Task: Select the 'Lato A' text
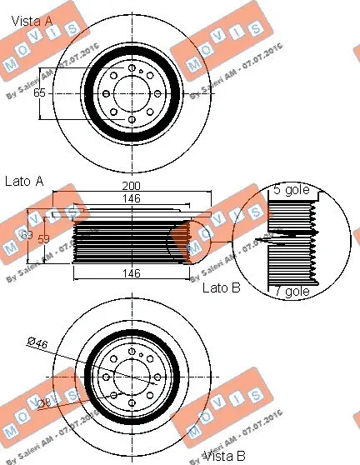click(24, 180)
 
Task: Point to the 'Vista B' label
click(225, 456)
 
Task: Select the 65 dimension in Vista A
click(39, 92)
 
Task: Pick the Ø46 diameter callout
click(37, 342)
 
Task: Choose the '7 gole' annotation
click(292, 291)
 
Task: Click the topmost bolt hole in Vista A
click(132, 66)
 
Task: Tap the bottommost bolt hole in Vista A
click(132, 120)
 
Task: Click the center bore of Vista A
click(132, 92)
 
